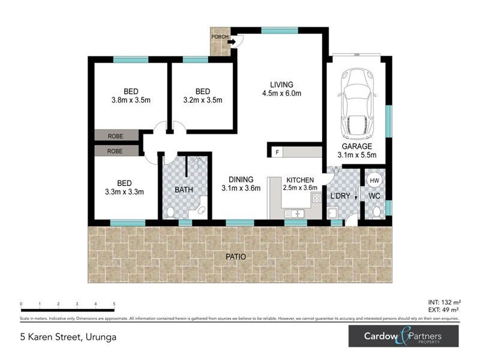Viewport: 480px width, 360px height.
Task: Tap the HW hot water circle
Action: click(x=374, y=180)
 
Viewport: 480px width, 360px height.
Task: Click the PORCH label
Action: click(x=219, y=35)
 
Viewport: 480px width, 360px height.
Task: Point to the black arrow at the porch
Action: click(x=231, y=43)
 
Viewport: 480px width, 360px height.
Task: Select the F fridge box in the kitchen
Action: click(x=277, y=152)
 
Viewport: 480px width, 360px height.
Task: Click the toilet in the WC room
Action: click(x=376, y=212)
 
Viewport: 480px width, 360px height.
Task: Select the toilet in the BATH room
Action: click(x=170, y=212)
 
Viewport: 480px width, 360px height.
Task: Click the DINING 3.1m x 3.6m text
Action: click(x=240, y=184)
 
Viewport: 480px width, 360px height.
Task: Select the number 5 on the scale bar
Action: click(x=114, y=304)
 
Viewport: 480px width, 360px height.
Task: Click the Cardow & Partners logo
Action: click(x=403, y=336)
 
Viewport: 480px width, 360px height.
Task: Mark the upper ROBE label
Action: click(x=116, y=136)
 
